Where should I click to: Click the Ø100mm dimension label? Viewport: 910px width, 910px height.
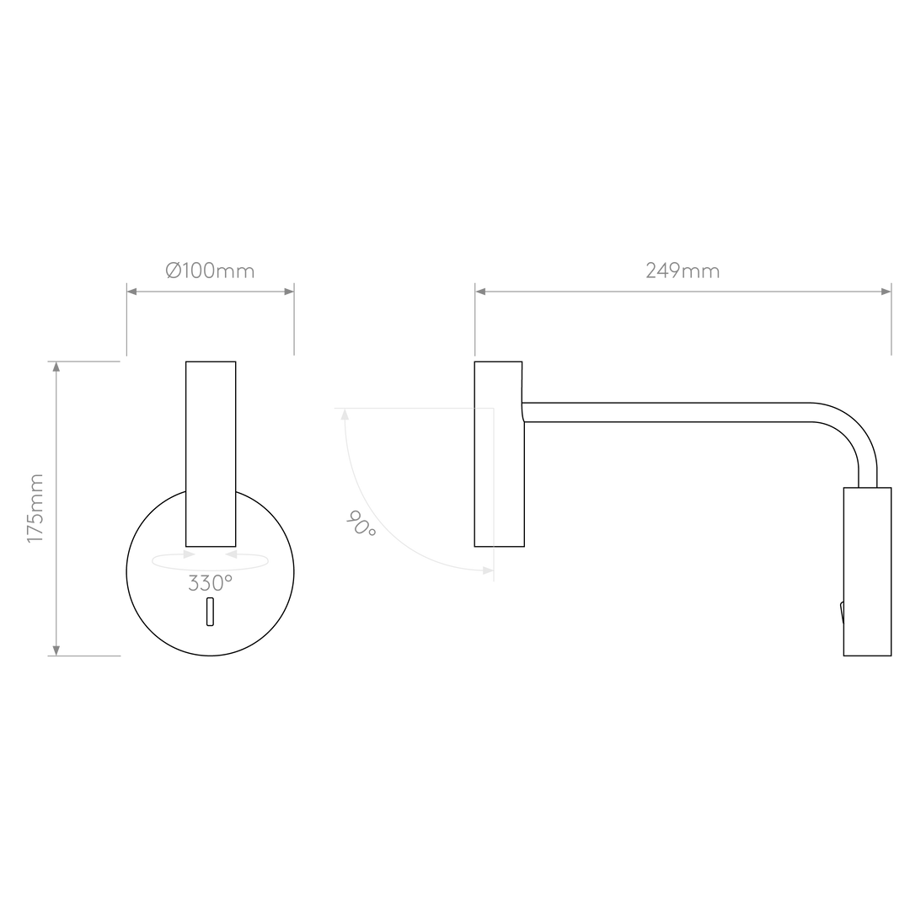click(x=210, y=271)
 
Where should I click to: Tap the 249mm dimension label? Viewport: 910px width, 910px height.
click(x=682, y=271)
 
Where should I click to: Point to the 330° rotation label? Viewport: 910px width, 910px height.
click(x=210, y=583)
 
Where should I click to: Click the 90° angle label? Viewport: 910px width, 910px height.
click(x=361, y=523)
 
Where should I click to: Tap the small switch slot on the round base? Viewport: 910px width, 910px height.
click(x=210, y=612)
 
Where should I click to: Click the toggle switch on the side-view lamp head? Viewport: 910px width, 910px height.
click(x=842, y=613)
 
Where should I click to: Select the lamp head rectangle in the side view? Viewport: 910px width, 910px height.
click(x=867, y=571)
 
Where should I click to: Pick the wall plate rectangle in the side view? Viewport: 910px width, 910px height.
click(x=499, y=454)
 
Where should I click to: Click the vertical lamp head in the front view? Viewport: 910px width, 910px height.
click(x=211, y=454)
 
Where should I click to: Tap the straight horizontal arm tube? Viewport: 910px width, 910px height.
click(x=666, y=412)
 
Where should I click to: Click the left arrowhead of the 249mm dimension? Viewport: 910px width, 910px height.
click(x=480, y=292)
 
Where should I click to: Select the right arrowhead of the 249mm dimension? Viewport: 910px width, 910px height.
click(x=886, y=292)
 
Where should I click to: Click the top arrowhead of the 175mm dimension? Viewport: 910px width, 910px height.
click(x=56, y=367)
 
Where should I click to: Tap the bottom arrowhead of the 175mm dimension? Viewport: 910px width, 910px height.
click(x=56, y=650)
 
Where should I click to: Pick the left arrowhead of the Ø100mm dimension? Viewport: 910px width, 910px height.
click(x=132, y=292)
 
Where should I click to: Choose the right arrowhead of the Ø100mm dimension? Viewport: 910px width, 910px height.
click(x=288, y=292)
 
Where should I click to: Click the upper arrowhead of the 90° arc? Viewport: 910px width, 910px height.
click(x=345, y=415)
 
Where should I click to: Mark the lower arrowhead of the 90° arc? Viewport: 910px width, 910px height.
click(x=488, y=571)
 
